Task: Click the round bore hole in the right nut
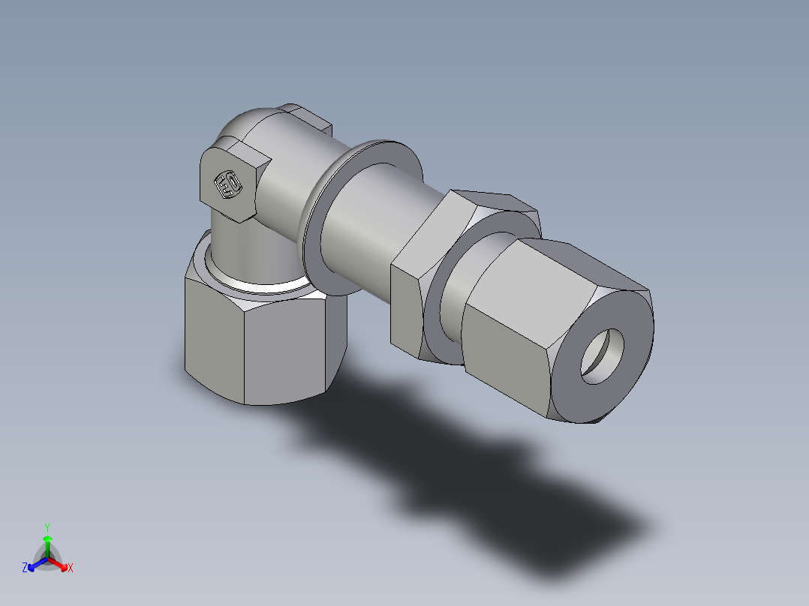pos(603,356)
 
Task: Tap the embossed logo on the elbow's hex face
pos(227,184)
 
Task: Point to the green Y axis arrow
pos(47,541)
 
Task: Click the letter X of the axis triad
pos(71,568)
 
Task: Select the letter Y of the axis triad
pos(47,527)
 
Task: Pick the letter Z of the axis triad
pos(25,568)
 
